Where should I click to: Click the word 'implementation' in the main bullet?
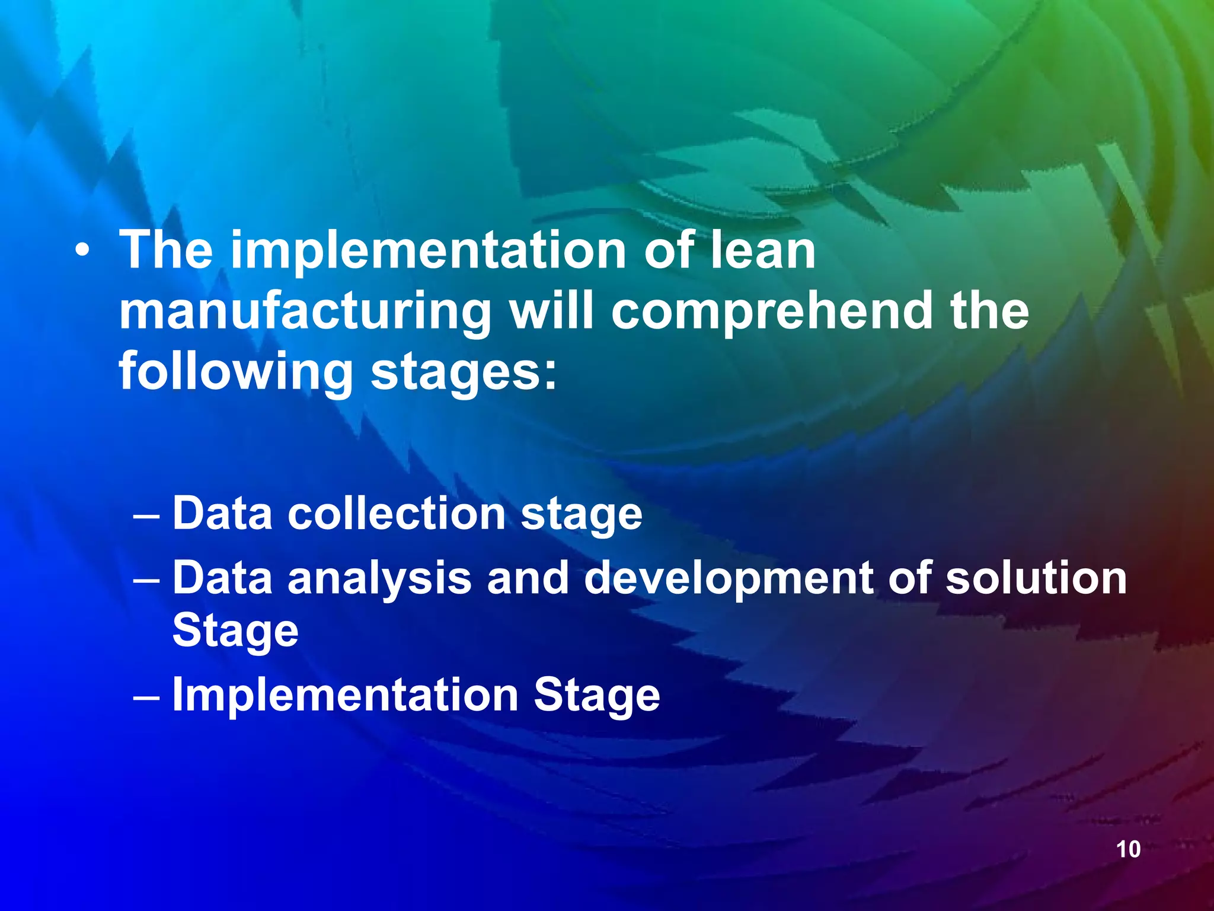(428, 250)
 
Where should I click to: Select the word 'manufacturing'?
(305, 313)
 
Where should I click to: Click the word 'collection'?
(397, 514)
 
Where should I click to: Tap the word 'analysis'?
(379, 578)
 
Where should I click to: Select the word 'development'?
(728, 578)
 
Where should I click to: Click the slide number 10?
(1128, 849)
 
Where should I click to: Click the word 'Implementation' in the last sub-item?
(345, 695)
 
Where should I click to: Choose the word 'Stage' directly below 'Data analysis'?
(235, 631)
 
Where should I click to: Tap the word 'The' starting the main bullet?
(166, 250)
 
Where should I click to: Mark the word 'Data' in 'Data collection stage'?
(222, 514)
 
